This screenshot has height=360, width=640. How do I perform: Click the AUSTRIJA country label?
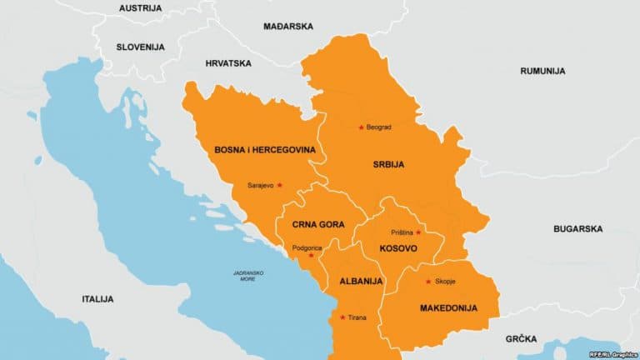point(140,8)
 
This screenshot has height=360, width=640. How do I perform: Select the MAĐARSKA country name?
point(287,27)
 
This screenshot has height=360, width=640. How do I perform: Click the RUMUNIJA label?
point(542,72)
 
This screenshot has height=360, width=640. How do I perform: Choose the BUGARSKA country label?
point(577,228)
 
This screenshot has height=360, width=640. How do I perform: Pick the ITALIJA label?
point(97,298)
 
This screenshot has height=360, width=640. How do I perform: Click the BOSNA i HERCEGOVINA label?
point(264,150)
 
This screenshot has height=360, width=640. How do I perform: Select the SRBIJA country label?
point(388,165)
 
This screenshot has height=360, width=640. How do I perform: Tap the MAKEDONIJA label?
point(448,308)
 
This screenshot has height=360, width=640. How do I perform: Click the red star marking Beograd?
point(361,127)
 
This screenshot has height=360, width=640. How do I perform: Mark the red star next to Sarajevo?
point(280,185)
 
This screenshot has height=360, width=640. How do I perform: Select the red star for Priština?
point(418,232)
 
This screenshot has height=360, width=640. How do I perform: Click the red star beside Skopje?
point(428,281)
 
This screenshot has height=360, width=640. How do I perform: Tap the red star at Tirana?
point(342,317)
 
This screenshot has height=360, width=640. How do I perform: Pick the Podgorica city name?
point(307,248)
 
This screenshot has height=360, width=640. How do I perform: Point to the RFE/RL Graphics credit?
point(612,354)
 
